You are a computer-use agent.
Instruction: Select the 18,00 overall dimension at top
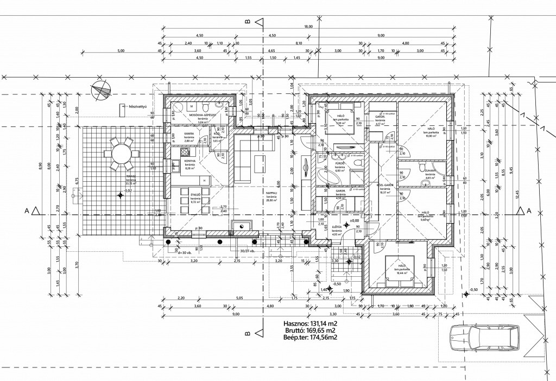(x=308, y=27)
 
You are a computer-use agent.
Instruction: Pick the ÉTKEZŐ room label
(x=195, y=194)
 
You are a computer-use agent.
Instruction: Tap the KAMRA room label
(x=189, y=134)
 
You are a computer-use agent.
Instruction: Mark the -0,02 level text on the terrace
(x=127, y=191)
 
